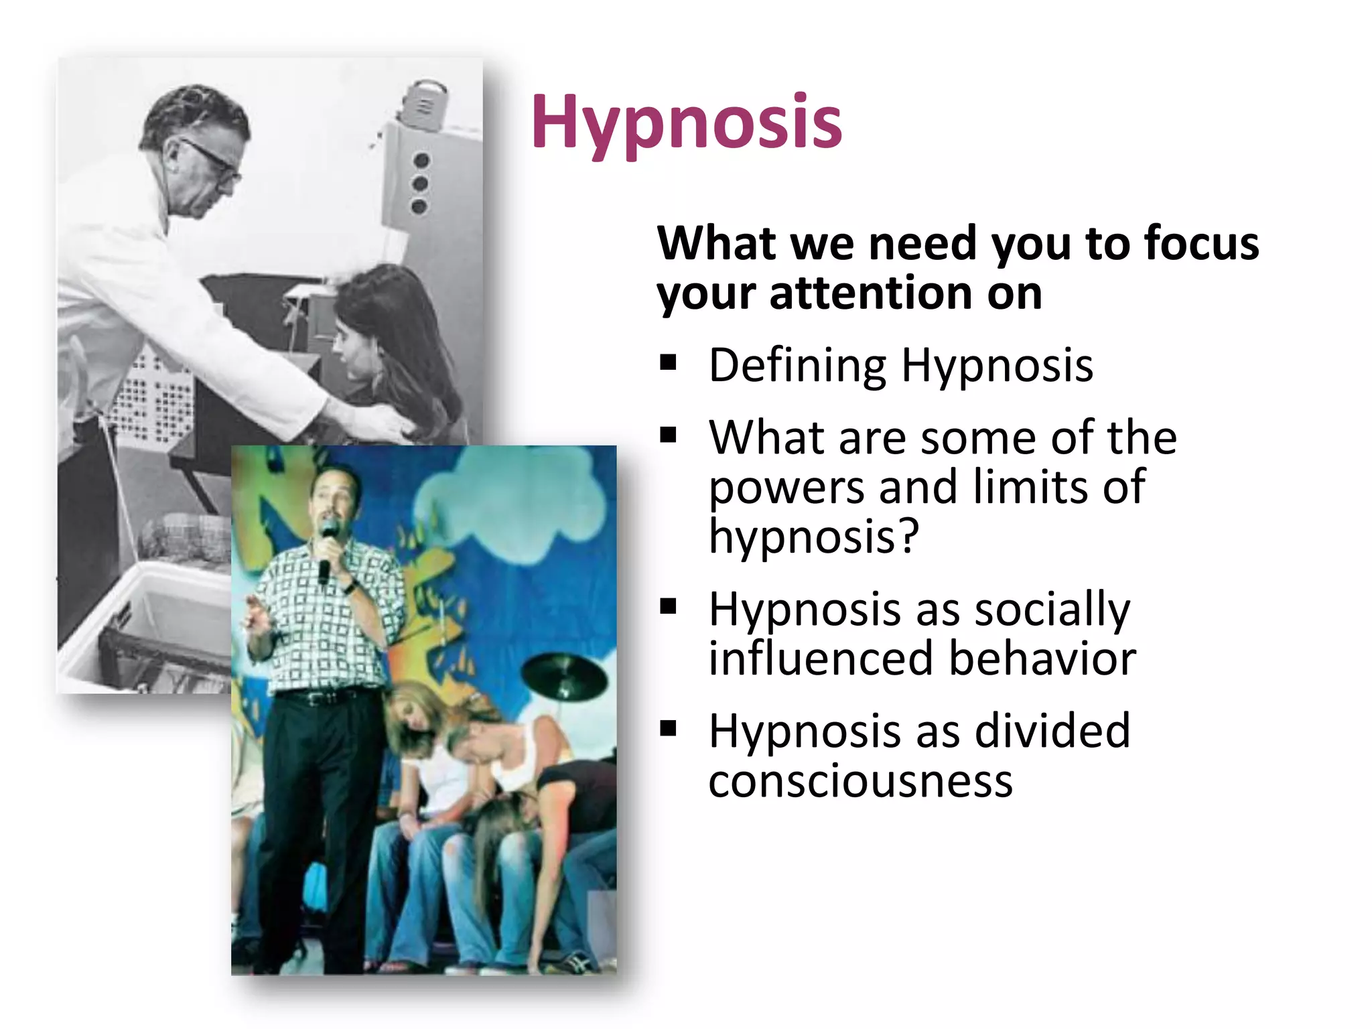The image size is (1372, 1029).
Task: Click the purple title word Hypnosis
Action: pos(687,123)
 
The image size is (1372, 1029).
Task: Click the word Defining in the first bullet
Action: pos(797,366)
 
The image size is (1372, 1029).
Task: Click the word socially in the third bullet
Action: pos(1051,611)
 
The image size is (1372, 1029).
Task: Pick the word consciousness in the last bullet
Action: pos(860,781)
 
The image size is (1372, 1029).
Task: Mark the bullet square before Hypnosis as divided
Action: pos(668,728)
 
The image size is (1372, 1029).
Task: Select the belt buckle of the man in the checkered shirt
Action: pos(314,699)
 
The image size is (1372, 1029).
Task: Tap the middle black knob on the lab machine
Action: pos(421,184)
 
